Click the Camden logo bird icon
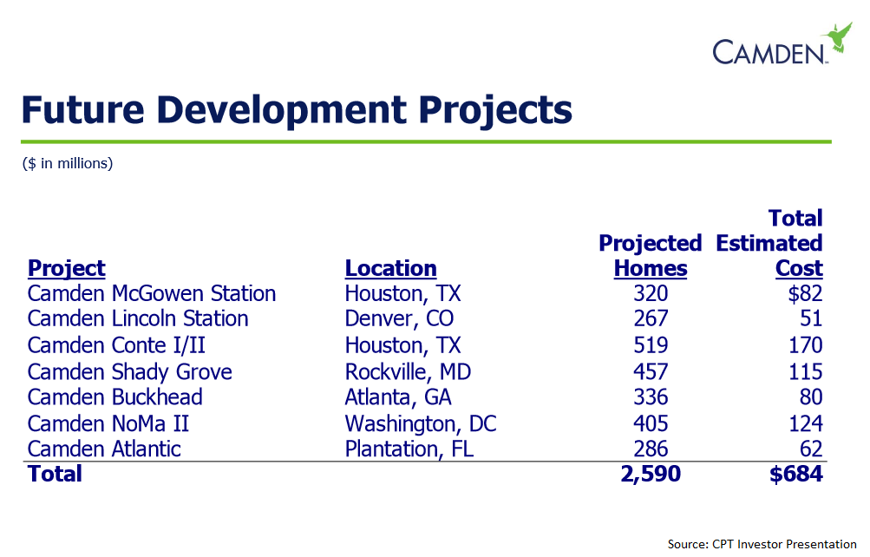(x=837, y=37)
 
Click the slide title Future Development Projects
(x=296, y=110)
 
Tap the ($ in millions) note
(x=68, y=163)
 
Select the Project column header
(x=66, y=268)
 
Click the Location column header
(x=390, y=268)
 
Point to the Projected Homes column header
(x=650, y=255)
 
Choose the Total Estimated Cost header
(x=770, y=243)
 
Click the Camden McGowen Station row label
(x=151, y=294)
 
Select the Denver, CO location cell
(x=399, y=319)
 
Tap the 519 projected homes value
(x=651, y=345)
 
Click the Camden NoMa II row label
(x=108, y=423)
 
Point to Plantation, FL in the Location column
(x=409, y=449)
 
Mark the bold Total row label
(x=55, y=474)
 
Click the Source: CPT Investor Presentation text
(x=762, y=544)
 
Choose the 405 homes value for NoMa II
(x=651, y=423)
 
